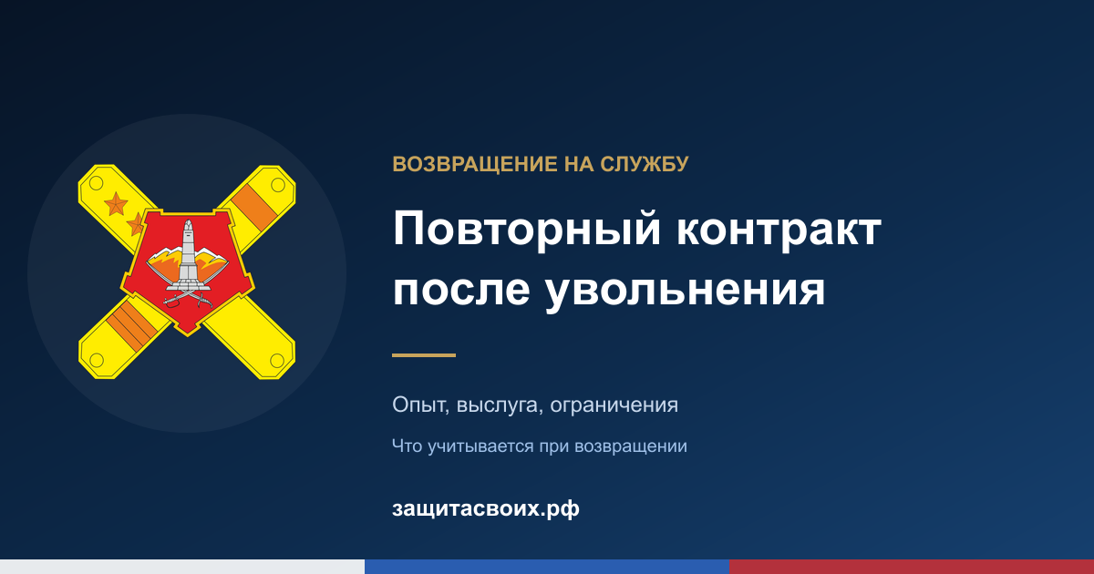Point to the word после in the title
[x=461, y=290]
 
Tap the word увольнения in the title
[x=686, y=292]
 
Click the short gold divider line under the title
[x=424, y=355]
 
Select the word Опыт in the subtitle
[x=420, y=405]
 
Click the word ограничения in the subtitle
[x=614, y=406]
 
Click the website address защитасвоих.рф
[x=485, y=508]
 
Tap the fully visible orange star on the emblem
[x=117, y=203]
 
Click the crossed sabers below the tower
[x=188, y=296]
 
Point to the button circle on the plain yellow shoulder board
[x=277, y=361]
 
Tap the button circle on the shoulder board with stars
[x=97, y=183]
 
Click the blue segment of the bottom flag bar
[x=547, y=567]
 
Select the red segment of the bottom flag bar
[x=912, y=567]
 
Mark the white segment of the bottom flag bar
[x=182, y=567]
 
